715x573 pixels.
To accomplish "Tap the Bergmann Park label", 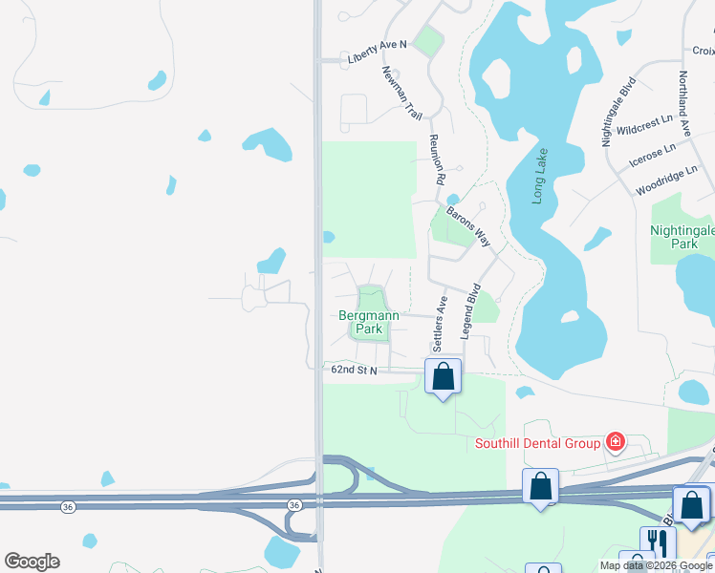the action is click(369, 322).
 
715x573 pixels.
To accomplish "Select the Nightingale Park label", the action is click(682, 237).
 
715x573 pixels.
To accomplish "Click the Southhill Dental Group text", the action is click(537, 442).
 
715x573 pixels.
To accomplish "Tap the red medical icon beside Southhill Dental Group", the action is click(615, 441).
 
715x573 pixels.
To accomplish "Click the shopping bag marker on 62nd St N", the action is click(443, 375).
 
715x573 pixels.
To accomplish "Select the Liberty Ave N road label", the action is click(377, 52).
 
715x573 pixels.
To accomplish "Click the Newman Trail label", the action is click(401, 92).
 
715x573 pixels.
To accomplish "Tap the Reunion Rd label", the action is click(438, 159).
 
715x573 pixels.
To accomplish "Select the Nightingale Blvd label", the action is click(617, 112).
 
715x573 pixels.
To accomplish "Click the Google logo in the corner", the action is click(32, 562).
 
